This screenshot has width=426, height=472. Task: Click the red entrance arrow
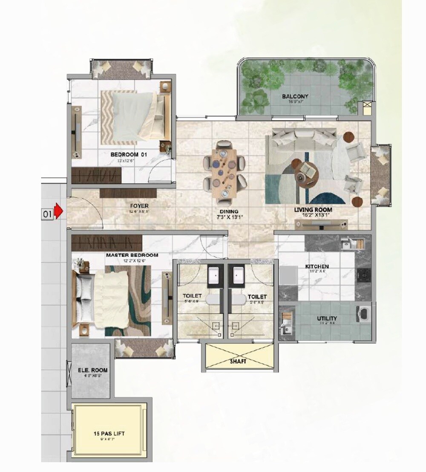point(60,211)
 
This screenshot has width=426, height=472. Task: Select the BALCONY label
point(295,96)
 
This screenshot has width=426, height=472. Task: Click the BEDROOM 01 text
point(128,155)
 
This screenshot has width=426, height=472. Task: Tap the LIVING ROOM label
point(313,210)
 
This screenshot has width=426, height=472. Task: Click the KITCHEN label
point(317,267)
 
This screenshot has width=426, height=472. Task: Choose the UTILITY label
point(327,319)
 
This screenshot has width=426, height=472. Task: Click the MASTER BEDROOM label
point(132,255)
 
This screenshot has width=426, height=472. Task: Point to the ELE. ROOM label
point(92,370)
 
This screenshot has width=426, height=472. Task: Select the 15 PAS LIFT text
point(109,434)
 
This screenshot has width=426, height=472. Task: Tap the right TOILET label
point(257,296)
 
